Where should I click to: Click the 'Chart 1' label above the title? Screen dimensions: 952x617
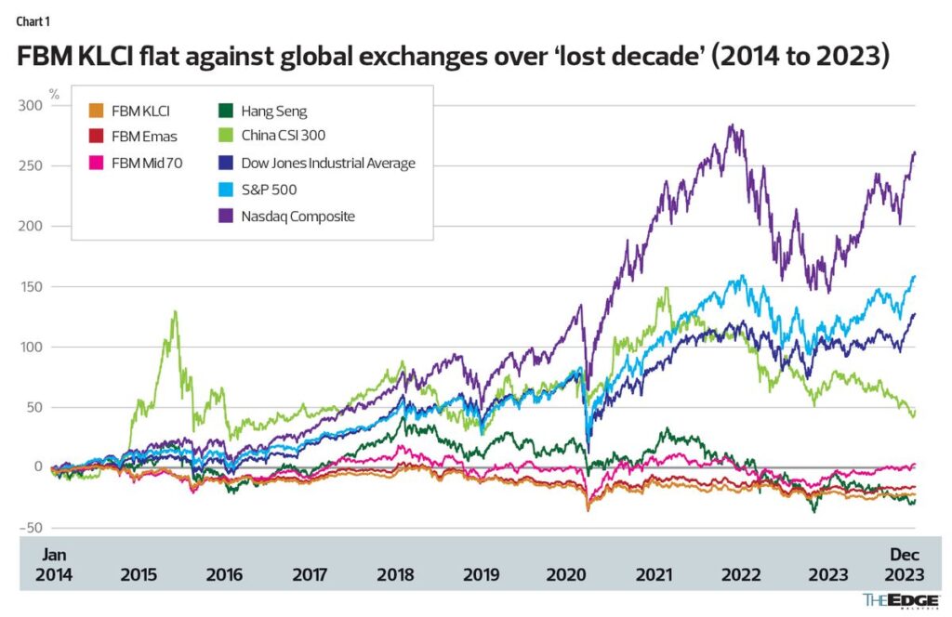point(33,22)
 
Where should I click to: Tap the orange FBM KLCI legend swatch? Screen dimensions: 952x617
point(96,111)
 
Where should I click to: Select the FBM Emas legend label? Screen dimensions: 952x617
point(144,137)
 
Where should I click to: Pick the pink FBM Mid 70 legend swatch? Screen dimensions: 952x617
point(96,163)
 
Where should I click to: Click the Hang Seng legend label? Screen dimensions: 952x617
point(274,112)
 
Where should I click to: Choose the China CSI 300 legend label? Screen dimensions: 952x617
point(283,136)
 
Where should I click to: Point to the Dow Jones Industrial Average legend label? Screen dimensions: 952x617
point(328,164)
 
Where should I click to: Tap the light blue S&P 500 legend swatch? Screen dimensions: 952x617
point(226,190)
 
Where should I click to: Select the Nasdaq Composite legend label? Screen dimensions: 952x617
point(298,217)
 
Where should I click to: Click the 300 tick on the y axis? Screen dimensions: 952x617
point(31,106)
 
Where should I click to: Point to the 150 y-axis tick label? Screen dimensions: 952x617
point(31,286)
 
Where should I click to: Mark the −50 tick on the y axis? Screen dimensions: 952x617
point(31,528)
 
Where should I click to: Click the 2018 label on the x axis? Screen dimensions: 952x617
point(395,574)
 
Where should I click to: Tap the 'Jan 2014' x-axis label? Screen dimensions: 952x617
point(53,565)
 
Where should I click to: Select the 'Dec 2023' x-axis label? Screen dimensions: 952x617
point(905,565)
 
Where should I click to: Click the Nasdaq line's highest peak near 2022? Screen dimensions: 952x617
point(733,125)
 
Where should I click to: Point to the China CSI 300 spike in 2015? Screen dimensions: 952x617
point(176,312)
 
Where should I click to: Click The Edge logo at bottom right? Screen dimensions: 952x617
point(901,600)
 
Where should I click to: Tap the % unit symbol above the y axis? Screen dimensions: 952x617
point(55,95)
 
